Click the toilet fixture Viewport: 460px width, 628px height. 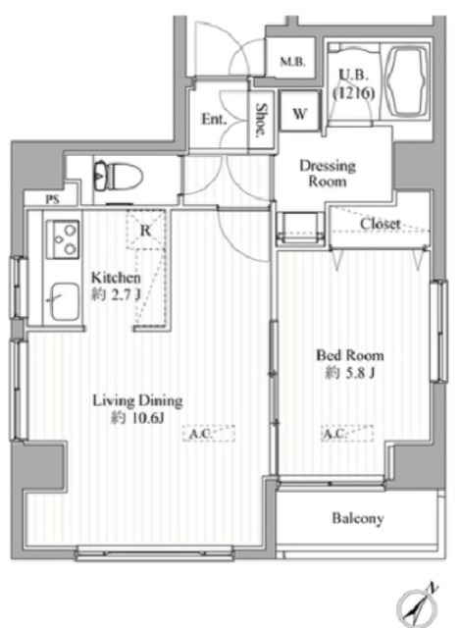(x=118, y=176)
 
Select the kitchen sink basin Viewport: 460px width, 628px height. (x=65, y=302)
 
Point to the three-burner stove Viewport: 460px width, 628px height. (x=63, y=239)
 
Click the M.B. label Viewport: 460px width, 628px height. (x=292, y=62)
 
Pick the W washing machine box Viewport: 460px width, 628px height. (x=300, y=111)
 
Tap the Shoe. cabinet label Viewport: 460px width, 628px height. (x=261, y=120)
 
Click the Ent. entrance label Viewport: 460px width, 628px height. (x=214, y=119)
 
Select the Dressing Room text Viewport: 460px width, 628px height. (x=328, y=173)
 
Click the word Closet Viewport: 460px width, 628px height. (x=380, y=224)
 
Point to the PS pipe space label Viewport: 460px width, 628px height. (x=52, y=199)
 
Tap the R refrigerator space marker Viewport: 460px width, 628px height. (x=146, y=231)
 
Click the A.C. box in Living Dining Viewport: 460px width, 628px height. (x=209, y=434)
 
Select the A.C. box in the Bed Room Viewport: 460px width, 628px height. (x=347, y=434)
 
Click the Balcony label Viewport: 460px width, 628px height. (x=358, y=518)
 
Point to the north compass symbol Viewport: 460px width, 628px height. (x=418, y=606)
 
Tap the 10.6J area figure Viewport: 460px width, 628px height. (x=143, y=419)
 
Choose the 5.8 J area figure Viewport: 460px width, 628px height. (x=356, y=373)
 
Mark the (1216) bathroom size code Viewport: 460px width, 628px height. (x=354, y=93)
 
